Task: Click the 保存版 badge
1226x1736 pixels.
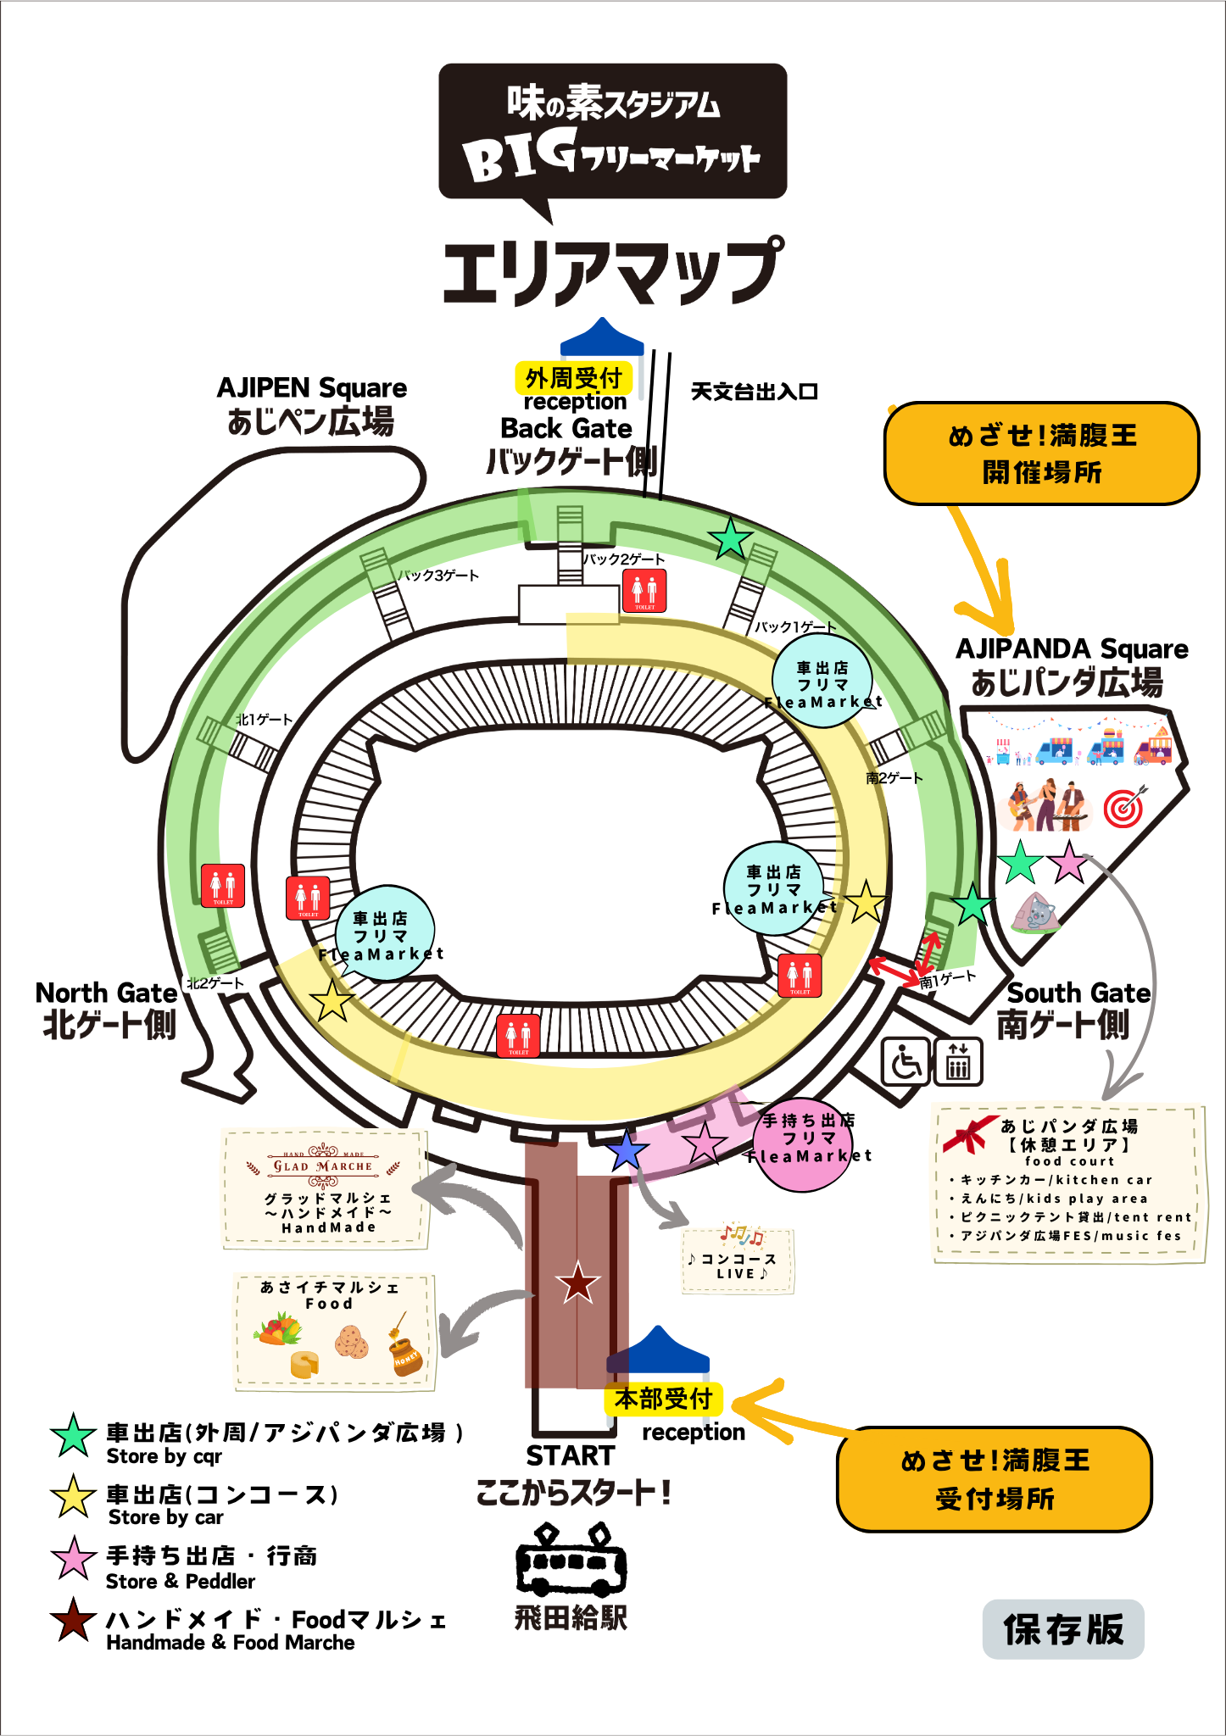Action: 1063,1629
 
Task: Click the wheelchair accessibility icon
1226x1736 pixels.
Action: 906,1061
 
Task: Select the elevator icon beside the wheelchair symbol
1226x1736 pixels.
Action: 958,1061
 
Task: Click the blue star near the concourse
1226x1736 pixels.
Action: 627,1150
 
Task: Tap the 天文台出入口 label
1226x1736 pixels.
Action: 754,392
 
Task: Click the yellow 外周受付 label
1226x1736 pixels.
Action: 574,378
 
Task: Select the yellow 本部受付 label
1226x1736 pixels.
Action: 663,1399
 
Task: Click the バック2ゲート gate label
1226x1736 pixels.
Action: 623,559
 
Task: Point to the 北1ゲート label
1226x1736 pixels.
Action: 265,720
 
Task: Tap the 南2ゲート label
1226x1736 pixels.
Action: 894,778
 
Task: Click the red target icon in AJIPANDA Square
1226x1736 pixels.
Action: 1124,807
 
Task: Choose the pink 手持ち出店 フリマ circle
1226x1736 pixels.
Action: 804,1144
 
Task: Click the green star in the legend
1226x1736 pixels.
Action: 74,1436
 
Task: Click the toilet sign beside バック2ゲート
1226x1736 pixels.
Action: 644,590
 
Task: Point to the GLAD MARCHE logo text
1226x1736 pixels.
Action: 323,1166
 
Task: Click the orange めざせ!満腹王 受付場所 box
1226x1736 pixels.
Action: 995,1479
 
